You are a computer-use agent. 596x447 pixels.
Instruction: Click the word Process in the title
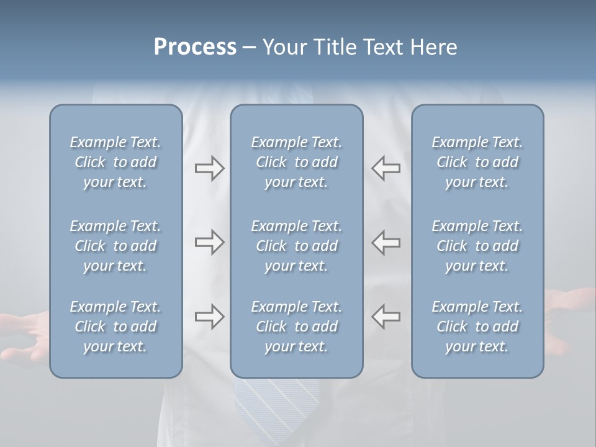195,47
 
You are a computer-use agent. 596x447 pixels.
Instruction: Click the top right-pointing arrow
209,168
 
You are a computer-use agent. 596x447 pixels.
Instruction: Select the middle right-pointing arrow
209,242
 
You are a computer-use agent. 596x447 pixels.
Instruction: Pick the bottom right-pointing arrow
209,317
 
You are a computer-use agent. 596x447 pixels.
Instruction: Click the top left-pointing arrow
386,168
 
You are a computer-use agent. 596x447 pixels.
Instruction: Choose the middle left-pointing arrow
386,242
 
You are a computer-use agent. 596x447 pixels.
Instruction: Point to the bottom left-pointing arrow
386,317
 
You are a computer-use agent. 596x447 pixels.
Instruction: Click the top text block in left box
115,162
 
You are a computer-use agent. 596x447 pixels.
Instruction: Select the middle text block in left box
115,246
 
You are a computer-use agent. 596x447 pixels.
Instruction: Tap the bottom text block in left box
115,327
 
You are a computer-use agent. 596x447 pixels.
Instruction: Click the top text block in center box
296,162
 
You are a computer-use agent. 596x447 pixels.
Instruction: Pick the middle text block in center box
296,246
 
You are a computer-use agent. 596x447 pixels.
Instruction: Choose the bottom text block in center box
296,327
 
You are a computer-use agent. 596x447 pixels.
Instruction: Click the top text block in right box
477,162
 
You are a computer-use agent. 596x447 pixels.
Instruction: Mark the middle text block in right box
477,246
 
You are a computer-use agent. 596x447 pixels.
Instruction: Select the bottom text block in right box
477,327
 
